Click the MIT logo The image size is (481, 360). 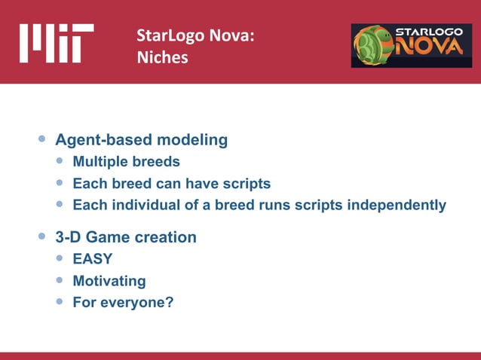[57, 43]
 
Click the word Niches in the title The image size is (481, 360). [162, 56]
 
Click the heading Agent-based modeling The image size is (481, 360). [142, 140]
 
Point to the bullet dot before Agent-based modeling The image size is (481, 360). [42, 140]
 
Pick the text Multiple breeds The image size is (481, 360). [126, 162]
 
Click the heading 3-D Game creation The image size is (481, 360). [126, 238]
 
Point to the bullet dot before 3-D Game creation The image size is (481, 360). [42, 238]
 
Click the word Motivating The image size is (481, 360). [109, 282]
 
